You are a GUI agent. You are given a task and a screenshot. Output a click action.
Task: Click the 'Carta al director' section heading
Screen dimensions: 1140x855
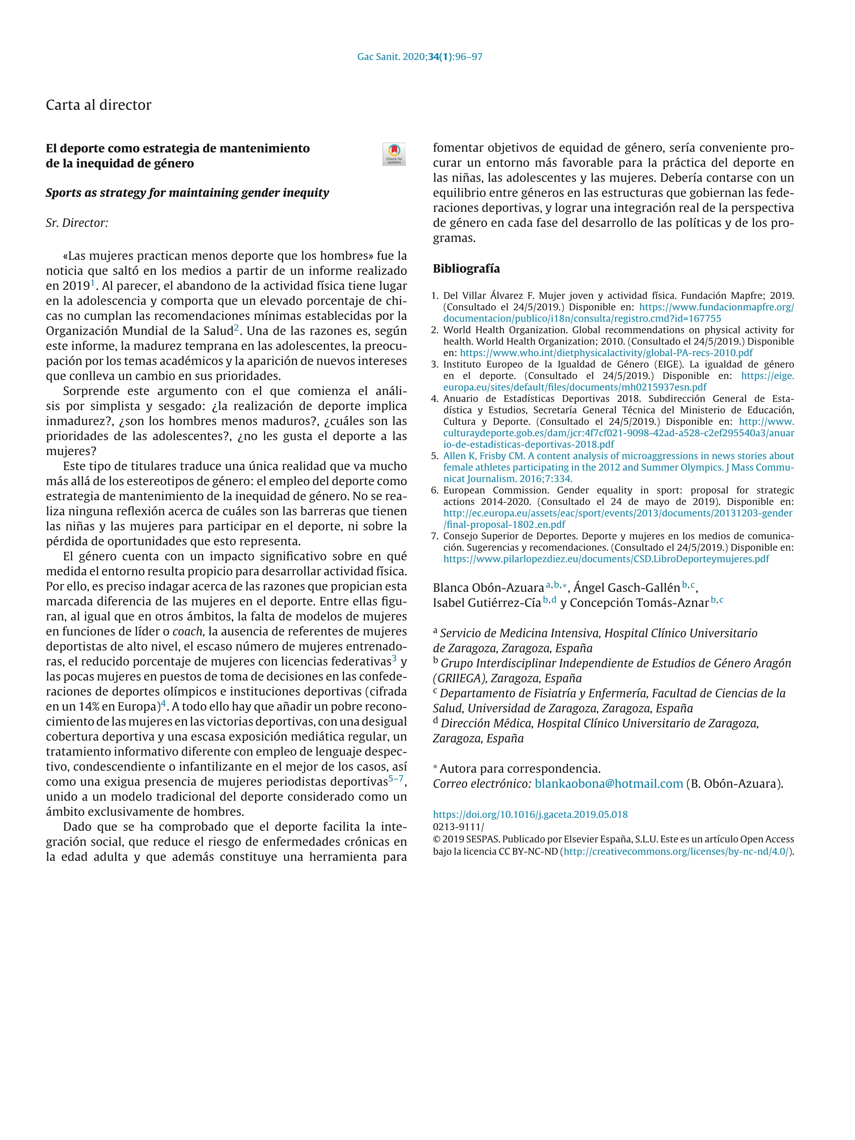pos(99,105)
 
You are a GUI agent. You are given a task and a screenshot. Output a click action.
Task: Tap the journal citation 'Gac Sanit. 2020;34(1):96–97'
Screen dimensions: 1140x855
pos(420,57)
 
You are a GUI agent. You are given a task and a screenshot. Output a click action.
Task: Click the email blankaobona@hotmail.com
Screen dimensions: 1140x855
pos(608,784)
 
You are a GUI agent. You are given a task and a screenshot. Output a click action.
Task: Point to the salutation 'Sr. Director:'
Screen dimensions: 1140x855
pos(77,223)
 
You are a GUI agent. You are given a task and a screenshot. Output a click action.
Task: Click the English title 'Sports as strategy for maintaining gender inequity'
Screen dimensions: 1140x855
pos(187,193)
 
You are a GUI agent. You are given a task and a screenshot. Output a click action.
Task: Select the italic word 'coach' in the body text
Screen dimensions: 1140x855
pos(188,632)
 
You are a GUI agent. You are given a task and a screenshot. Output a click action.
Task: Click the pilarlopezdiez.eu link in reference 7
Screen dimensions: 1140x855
pos(605,559)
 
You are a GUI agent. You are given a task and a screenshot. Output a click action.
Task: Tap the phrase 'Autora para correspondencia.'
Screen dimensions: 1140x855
pos(520,769)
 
